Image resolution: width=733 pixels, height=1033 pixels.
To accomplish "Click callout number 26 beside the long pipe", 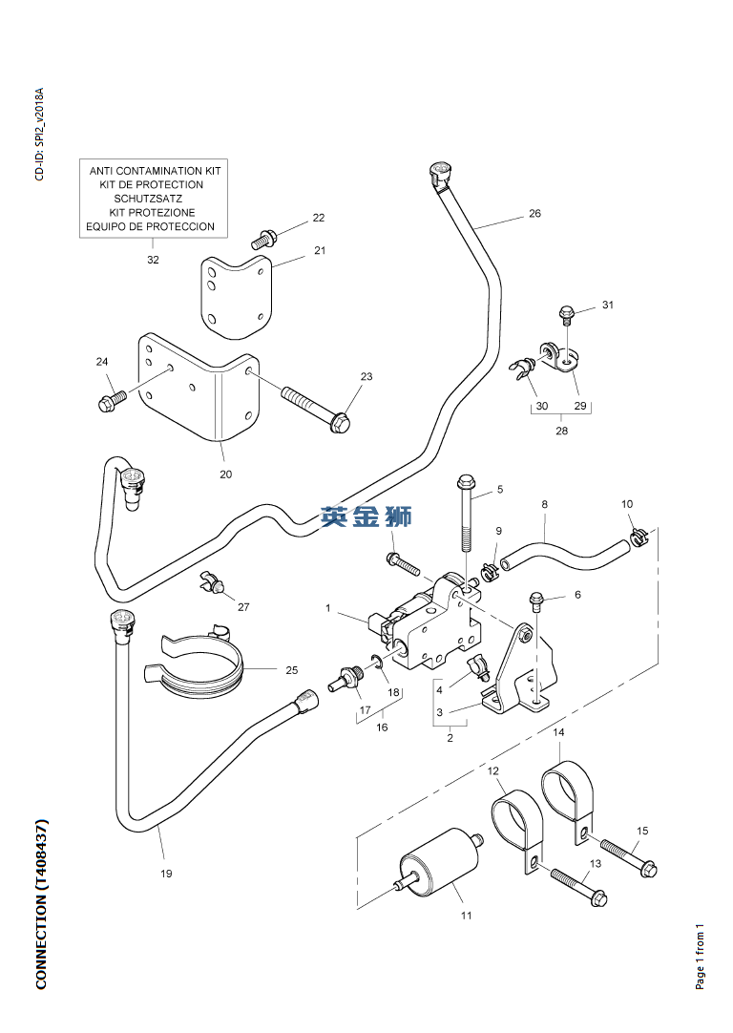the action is point(534,214).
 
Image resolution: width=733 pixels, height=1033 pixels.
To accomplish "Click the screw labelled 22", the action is point(263,239).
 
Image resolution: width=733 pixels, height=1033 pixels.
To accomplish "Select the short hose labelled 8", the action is point(564,556).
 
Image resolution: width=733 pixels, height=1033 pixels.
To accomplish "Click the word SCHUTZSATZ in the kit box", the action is point(148,199).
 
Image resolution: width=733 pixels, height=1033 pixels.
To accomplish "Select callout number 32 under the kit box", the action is point(153,260).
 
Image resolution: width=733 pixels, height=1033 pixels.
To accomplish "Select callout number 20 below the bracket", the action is point(226,474).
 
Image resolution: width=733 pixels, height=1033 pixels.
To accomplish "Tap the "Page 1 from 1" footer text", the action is point(700,956).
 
